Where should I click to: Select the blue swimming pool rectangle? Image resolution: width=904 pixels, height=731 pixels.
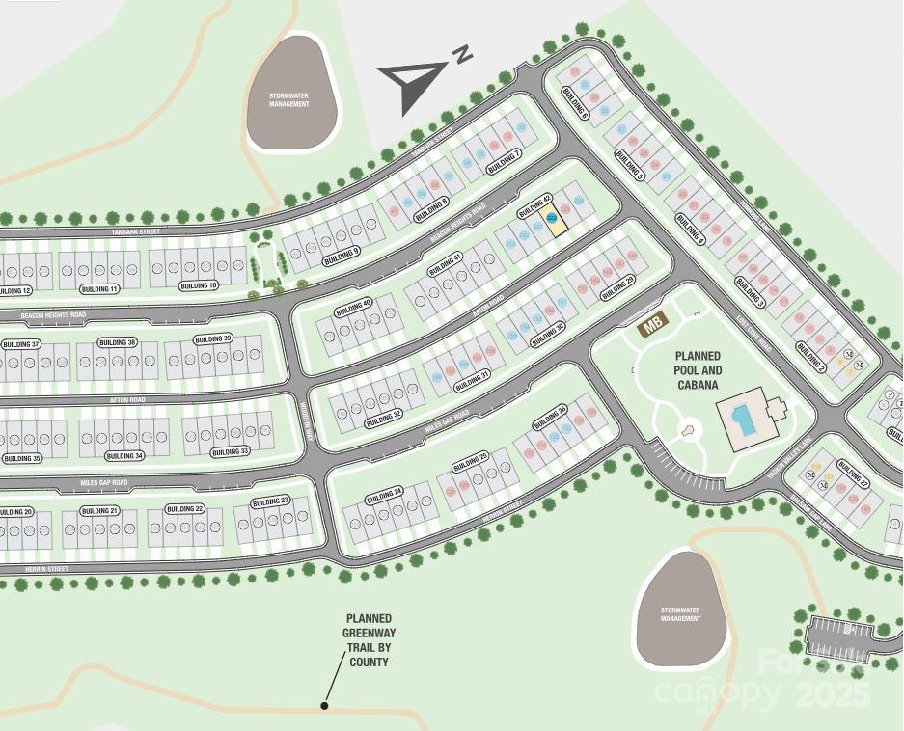coord(743,420)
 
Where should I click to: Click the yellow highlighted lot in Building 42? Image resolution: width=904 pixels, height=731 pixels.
coord(552,221)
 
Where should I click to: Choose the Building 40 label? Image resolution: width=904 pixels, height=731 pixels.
coord(353,308)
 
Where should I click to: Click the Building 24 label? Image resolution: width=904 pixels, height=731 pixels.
coord(384,496)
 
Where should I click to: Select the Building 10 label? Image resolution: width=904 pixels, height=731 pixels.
coord(199,285)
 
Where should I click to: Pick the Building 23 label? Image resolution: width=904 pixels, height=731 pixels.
coord(270,501)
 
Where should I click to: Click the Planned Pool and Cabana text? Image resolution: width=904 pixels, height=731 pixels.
coord(698,370)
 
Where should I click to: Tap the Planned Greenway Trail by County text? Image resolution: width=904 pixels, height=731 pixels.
coord(369,640)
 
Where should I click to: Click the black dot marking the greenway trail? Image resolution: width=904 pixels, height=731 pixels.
coord(325,706)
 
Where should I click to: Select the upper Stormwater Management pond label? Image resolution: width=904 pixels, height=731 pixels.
coord(289,99)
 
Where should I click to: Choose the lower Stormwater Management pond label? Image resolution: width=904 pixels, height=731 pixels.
coord(680,614)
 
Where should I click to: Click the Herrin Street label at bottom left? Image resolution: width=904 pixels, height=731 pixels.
coord(46,570)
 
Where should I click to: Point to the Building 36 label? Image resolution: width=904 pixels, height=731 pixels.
coord(118,342)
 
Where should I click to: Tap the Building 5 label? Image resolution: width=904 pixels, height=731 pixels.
coord(629,166)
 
